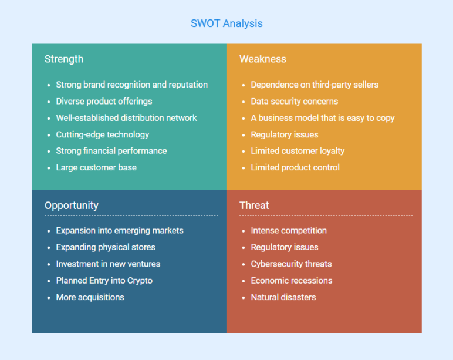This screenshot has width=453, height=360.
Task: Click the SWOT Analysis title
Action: [226, 23]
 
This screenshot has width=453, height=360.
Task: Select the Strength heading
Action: [64, 59]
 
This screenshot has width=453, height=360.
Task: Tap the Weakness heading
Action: [263, 59]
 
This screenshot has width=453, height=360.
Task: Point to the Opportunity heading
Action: [72, 206]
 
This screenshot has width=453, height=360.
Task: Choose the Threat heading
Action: [254, 206]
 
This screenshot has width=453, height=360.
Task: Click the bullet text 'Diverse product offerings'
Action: [104, 101]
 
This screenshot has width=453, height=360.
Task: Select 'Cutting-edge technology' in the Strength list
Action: [103, 134]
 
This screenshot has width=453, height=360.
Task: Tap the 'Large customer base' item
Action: [96, 167]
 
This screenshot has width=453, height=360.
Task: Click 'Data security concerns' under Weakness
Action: [295, 101]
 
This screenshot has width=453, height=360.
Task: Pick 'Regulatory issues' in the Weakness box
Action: [285, 134]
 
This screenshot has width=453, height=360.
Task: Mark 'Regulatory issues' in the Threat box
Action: [285, 247]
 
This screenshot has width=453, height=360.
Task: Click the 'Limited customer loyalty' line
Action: [298, 151]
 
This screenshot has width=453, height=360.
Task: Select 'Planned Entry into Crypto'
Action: [104, 281]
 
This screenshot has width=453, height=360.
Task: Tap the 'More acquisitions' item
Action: [90, 297]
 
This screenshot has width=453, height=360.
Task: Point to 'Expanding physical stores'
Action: [106, 247]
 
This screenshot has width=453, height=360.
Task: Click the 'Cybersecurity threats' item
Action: [291, 264]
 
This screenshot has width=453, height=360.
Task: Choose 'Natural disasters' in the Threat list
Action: [283, 297]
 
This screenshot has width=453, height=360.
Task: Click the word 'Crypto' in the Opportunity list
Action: [140, 281]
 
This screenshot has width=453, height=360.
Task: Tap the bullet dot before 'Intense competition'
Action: [244, 231]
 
